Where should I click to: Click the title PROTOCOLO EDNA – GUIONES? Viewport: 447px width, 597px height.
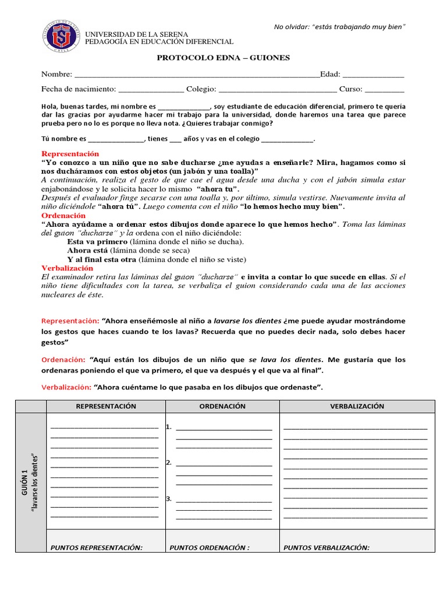(223, 58)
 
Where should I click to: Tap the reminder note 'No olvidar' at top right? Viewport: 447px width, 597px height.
(340, 27)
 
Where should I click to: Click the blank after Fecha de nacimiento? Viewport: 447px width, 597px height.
(151, 90)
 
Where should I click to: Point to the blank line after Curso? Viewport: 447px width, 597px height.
(384, 90)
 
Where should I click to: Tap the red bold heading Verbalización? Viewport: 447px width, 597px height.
(67, 268)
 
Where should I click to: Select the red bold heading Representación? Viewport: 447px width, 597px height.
(70, 153)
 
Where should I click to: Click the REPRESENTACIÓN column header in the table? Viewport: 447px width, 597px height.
(106, 406)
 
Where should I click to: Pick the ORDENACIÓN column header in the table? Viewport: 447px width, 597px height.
(222, 406)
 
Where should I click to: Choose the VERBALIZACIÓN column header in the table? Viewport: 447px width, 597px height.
(357, 406)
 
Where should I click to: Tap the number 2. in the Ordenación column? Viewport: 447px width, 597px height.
(168, 463)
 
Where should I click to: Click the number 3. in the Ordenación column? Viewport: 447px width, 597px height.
(168, 499)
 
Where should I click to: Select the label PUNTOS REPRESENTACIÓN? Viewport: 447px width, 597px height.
(97, 547)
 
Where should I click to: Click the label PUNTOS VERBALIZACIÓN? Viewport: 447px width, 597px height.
(327, 547)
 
